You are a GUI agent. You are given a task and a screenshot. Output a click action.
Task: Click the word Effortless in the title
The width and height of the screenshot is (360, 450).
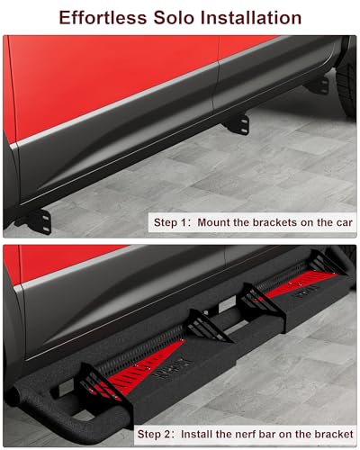coord(103,18)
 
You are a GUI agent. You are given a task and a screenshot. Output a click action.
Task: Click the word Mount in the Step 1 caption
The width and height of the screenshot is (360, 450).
coord(213,222)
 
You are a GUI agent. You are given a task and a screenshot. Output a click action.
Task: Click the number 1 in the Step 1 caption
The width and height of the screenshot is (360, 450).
coord(182,223)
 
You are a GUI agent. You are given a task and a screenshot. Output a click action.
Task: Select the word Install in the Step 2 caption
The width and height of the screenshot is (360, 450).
coord(196,434)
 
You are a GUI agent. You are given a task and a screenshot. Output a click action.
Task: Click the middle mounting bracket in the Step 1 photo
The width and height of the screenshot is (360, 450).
coord(239,124)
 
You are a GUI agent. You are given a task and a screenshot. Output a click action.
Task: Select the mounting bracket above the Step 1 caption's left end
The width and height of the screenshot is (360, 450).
coord(38,220)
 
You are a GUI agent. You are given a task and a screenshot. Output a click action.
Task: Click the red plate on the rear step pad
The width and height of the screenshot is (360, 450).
coord(300,283)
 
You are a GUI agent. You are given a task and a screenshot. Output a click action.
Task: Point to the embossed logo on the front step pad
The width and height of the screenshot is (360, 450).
coord(172,366)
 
